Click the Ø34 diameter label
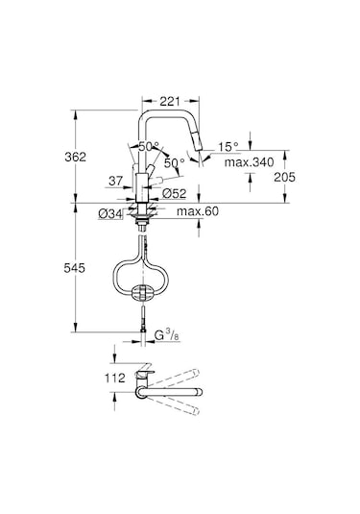109,211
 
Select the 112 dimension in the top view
114,379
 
